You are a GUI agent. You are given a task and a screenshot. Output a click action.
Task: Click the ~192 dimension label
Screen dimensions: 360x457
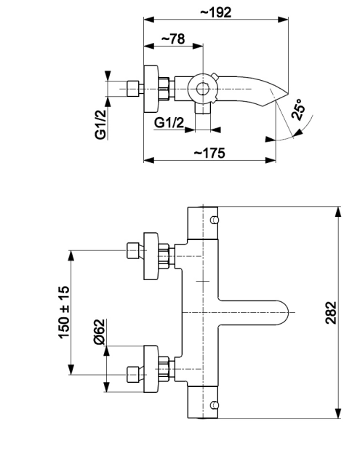point(216,12)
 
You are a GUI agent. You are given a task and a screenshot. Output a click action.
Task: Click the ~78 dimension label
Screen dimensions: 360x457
point(173,39)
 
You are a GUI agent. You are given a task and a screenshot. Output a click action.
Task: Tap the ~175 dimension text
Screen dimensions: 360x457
point(209,153)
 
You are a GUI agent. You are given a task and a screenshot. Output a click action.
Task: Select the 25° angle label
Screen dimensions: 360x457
point(297,109)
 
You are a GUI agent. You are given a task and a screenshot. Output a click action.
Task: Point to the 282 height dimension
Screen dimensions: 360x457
point(331,313)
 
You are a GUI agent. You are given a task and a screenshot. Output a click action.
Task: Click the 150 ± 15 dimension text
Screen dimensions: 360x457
point(64,312)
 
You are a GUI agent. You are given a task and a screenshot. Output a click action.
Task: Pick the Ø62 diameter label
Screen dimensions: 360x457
point(100,331)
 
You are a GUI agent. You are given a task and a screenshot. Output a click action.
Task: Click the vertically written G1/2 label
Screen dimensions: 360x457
point(100,124)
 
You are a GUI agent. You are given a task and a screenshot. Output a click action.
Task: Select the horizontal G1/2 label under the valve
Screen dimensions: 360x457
point(169,123)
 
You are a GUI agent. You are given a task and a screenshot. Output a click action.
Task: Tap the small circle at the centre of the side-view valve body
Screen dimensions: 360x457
point(201,90)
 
